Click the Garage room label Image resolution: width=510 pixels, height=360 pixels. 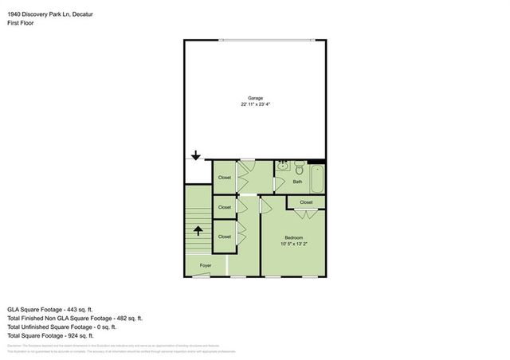coord(254,98)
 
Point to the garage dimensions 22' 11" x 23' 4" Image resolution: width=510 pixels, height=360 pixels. coord(255,104)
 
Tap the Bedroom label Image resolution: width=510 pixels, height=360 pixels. coord(294,238)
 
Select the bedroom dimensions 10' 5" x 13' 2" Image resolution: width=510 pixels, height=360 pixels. coord(294,245)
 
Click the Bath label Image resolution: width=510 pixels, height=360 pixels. coord(297,182)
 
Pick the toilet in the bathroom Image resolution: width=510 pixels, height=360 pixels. coord(298,167)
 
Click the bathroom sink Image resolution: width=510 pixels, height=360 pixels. coord(283,166)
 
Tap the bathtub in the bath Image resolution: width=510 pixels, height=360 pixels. coord(317,178)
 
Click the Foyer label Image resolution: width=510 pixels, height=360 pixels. coord(206,264)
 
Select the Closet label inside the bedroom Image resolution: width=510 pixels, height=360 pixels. coord(307,203)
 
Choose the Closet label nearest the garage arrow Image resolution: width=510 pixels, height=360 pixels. coord(225,178)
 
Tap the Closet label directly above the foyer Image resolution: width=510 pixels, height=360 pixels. coord(225,237)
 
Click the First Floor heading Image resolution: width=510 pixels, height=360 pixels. coord(21,23)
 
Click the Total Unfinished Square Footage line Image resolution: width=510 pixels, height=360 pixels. coord(61,327)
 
